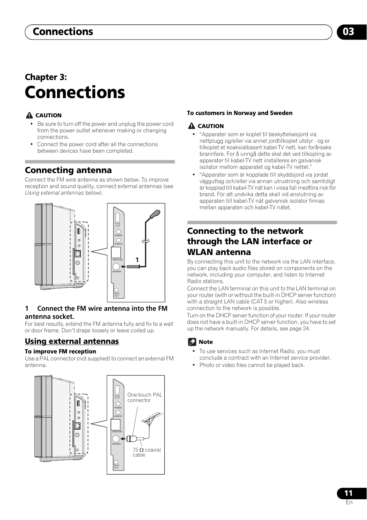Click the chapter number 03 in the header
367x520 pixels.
(x=348, y=32)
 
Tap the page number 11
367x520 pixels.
(x=348, y=493)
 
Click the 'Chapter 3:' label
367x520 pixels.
(x=46, y=77)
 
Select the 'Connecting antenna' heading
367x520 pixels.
(x=68, y=170)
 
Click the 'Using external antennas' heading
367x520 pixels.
(x=72, y=341)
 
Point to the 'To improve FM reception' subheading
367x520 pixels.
(x=60, y=351)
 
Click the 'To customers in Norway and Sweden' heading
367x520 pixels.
(x=240, y=113)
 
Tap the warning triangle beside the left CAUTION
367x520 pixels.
(x=29, y=115)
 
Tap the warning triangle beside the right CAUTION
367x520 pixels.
(x=192, y=126)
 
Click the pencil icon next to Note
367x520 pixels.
(x=192, y=342)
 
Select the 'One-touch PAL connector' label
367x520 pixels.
(x=145, y=397)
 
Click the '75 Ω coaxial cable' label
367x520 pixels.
(x=147, y=452)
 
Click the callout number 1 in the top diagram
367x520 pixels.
(x=137, y=260)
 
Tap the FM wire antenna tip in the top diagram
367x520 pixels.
(x=155, y=213)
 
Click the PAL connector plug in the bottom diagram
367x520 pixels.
(x=131, y=438)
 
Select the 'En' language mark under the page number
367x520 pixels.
(x=349, y=502)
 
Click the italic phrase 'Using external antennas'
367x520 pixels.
(x=54, y=193)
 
